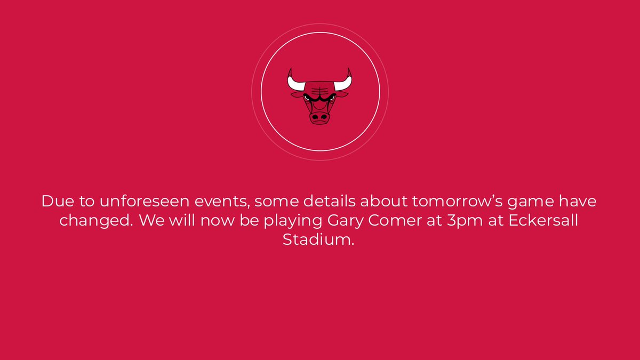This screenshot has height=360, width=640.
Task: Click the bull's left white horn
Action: click(x=294, y=82)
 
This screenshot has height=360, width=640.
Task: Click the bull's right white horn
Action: click(x=346, y=82)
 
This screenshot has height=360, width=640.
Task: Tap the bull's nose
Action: click(x=320, y=116)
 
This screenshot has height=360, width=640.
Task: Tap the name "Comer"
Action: click(x=395, y=221)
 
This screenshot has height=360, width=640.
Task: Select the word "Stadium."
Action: click(x=318, y=239)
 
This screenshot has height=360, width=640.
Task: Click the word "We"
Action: click(x=151, y=221)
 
